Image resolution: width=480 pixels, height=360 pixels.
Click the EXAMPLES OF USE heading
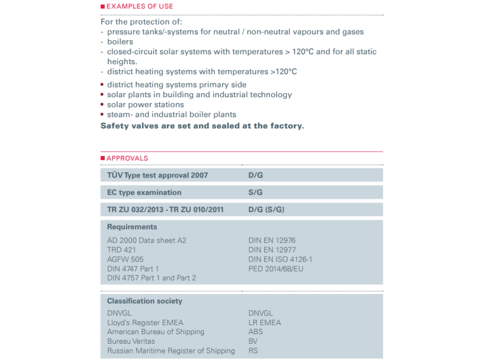140,7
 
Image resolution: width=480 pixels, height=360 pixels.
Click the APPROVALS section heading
127,158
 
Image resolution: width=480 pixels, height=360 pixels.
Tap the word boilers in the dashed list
120,42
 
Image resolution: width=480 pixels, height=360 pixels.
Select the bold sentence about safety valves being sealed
202,126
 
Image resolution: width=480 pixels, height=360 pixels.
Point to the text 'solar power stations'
145,104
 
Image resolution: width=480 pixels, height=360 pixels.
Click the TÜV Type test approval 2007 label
157,175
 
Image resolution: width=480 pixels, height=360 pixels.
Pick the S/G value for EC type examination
256,193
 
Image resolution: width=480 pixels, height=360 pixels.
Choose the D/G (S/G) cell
266,209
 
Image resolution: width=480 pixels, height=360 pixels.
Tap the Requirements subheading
132,227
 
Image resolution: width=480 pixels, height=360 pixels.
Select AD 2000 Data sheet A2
146,240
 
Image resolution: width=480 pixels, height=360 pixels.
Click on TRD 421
122,250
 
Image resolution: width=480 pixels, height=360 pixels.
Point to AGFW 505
125,259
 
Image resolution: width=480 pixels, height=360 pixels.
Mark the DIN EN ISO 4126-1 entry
280,259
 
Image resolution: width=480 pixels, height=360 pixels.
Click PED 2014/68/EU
275,269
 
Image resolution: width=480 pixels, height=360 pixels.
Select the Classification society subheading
145,301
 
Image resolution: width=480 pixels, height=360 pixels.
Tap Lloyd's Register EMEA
145,322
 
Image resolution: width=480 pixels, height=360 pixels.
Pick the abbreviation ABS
256,332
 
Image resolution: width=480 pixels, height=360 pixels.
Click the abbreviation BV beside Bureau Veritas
253,341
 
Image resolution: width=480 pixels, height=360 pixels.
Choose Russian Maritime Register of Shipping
171,351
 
